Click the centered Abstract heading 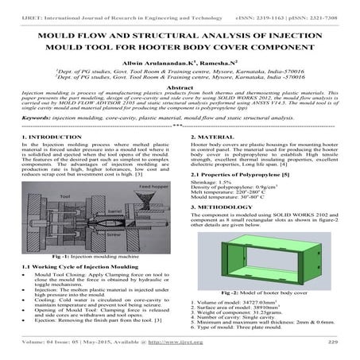coord(180,87)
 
